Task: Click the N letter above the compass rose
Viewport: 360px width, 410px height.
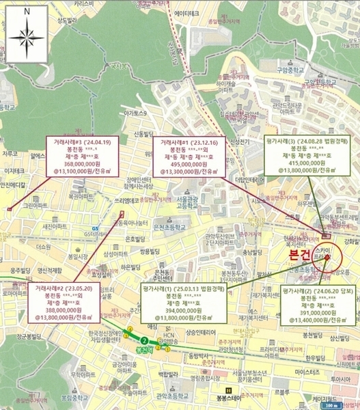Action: [25, 12]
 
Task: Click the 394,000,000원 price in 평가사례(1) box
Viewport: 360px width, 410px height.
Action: [176, 310]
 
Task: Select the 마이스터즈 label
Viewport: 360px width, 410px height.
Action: [302, 372]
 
